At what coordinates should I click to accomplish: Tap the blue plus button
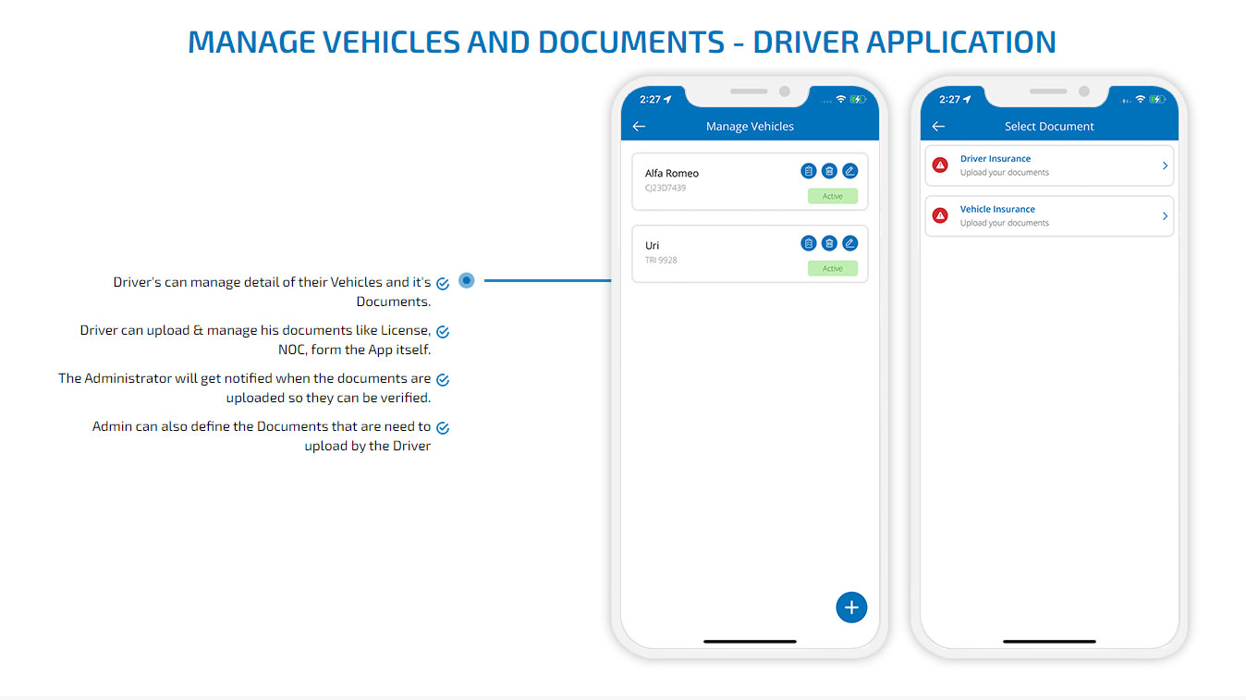[x=851, y=608]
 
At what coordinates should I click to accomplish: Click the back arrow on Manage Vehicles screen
[x=639, y=127]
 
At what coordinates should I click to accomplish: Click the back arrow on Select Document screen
[x=938, y=127]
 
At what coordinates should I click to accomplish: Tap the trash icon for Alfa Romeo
[x=829, y=171]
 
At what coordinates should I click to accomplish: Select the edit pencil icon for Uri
[x=849, y=243]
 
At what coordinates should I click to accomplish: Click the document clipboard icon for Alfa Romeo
[x=808, y=171]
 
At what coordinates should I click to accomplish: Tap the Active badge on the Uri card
[x=833, y=268]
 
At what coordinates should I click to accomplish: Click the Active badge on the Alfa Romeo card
[x=833, y=196]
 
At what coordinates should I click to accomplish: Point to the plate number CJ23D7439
[x=666, y=188]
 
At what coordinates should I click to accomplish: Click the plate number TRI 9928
[x=661, y=260]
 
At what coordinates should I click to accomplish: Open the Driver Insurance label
[x=996, y=158]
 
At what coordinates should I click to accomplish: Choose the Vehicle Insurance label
[x=997, y=209]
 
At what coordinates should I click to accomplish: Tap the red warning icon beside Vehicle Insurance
[x=940, y=215]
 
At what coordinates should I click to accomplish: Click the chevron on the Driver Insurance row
[x=1165, y=166]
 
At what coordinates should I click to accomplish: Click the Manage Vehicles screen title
[x=750, y=127]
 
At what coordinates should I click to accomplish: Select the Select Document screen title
[x=1049, y=127]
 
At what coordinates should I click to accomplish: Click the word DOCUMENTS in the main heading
[x=631, y=42]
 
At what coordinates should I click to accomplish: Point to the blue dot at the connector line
[x=467, y=280]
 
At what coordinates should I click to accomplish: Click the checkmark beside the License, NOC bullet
[x=443, y=332]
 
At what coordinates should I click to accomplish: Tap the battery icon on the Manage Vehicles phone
[x=858, y=100]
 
